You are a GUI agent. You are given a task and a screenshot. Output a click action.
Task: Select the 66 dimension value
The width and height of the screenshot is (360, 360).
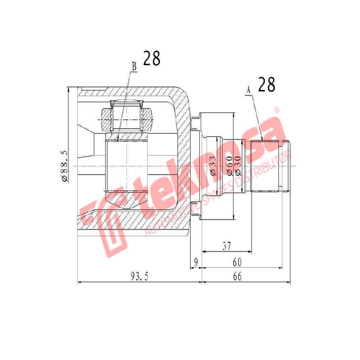coord(237,276)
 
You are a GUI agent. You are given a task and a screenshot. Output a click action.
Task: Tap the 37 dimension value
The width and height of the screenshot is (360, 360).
coord(227,246)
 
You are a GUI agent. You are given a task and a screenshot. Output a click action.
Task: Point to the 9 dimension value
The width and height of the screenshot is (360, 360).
coord(195,261)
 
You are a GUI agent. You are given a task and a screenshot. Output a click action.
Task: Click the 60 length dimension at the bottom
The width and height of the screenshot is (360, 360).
coord(237,261)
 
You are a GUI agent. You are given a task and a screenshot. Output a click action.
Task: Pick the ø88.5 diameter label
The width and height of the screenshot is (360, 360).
coord(64,166)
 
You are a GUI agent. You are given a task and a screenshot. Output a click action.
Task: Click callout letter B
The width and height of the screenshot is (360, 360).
coord(134,66)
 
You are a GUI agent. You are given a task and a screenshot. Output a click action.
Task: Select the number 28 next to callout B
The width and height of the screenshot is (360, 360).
coord(152,58)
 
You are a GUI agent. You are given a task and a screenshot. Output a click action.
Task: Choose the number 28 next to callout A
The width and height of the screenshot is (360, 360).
coord(266,85)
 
